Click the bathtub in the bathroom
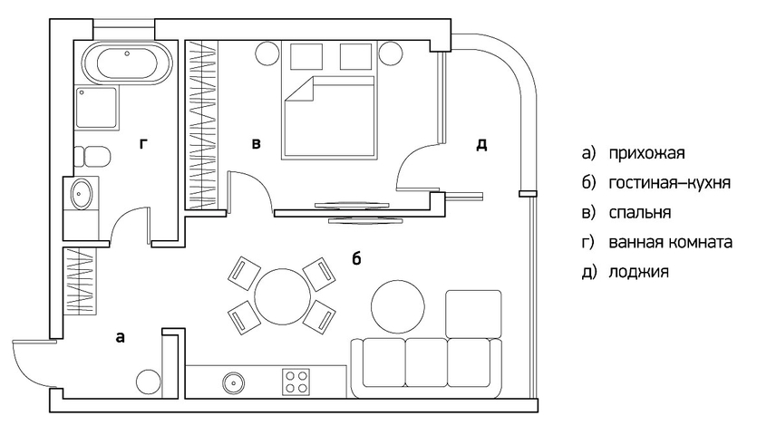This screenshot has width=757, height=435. pos(128,64)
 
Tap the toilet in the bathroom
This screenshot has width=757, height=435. pos(92,157)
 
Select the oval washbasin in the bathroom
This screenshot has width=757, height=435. pos(81,194)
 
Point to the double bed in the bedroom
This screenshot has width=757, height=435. pos(328,116)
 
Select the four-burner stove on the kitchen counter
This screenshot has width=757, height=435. pos(296,382)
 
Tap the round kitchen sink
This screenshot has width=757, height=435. pos(234,383)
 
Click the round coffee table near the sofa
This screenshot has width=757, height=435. pos(398,306)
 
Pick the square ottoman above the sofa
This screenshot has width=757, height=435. pos(473,314)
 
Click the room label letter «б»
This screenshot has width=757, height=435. pos(356,258)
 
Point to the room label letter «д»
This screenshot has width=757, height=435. pos(481,144)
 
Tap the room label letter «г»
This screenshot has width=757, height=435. pos(143,143)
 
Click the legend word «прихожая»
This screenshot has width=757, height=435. pos(646,153)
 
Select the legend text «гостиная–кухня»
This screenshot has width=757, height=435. pos(669,183)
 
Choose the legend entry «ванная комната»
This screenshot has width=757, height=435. pos(670,242)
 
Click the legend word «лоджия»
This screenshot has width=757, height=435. pos(638,271)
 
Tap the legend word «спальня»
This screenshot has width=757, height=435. pos(640,212)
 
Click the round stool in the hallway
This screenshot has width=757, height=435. pos(148,382)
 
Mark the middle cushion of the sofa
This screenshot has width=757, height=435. pos(426,362)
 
